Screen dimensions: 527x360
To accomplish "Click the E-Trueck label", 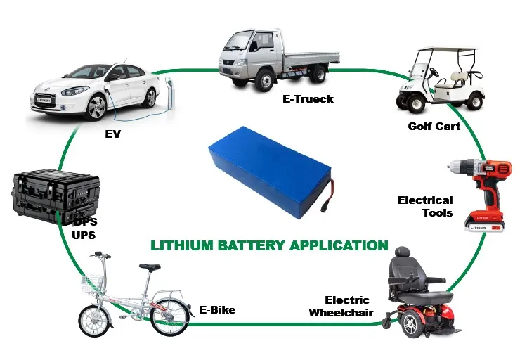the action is (308, 99).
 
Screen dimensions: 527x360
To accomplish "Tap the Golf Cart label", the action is (434, 127).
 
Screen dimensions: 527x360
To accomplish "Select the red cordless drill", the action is (480, 186).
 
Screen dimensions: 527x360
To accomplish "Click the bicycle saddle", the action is (149, 268).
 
